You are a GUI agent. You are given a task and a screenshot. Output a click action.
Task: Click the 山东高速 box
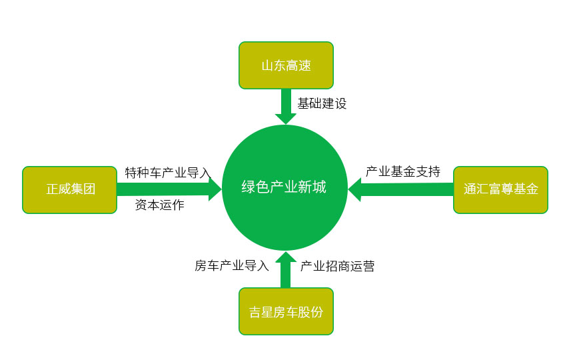[286, 65]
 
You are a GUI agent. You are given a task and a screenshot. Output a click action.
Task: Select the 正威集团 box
[70, 190]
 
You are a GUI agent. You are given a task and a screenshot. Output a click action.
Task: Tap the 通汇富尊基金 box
[500, 190]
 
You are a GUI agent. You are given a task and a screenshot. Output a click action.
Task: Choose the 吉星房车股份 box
[286, 311]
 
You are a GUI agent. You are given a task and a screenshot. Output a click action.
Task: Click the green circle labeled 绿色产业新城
[285, 187]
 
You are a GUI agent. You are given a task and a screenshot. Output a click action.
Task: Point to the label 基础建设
[322, 103]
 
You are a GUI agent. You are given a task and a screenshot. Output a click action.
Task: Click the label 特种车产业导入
[168, 173]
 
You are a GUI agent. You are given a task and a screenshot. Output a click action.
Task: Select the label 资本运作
[160, 205]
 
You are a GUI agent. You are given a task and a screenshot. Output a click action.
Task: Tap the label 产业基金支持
[403, 171]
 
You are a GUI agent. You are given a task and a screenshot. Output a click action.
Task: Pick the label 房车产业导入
[231, 265]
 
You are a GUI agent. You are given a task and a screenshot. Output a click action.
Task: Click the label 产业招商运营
[337, 266]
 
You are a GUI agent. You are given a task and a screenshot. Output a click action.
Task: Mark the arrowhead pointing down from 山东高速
[286, 119]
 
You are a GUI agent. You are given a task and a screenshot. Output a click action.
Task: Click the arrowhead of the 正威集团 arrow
[215, 189]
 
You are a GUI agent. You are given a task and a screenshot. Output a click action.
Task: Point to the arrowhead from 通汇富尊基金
[354, 189]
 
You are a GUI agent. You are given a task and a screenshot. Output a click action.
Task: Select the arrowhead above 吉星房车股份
[286, 257]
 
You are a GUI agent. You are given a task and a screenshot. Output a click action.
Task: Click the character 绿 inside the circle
[249, 187]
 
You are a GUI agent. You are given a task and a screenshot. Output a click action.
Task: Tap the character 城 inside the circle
[319, 187]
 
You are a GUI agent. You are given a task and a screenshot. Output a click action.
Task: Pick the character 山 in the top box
[267, 66]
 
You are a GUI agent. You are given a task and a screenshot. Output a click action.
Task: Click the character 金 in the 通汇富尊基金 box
[532, 189]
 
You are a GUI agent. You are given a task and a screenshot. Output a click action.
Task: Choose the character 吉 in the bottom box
[255, 312]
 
